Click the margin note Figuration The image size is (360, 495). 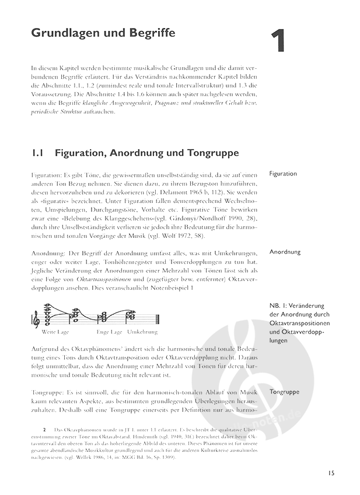coord(283,174)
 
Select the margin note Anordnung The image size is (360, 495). coord(285,252)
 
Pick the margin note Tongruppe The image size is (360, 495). coord(285,392)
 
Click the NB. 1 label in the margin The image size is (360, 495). coord(279,306)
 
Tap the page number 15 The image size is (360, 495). coord(331,473)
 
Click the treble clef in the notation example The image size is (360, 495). coord(37,318)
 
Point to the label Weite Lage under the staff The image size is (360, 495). coord(55,332)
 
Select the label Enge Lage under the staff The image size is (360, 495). coord(109,332)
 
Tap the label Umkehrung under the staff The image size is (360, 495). coord(142,332)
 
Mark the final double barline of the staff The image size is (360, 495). coord(158,318)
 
